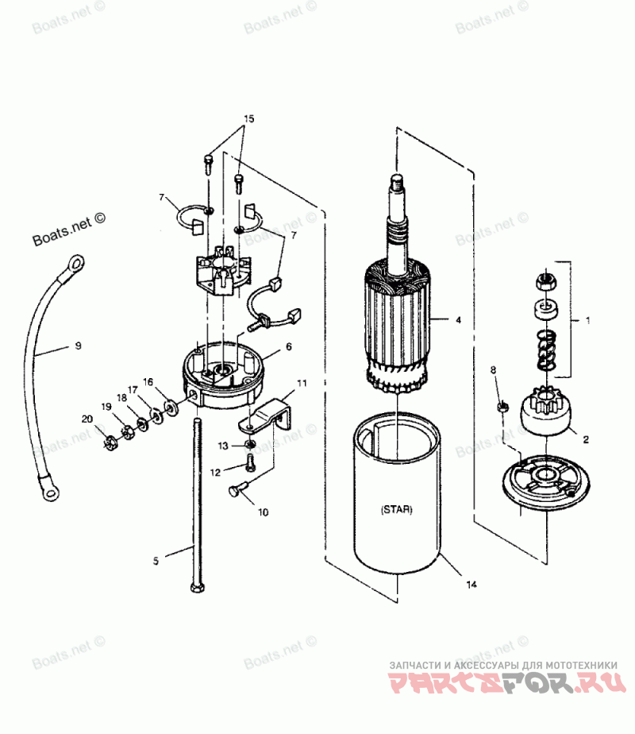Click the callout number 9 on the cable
[78, 346]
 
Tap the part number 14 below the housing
[471, 585]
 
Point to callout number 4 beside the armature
[458, 322]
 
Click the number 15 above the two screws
[248, 118]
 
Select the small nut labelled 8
[501, 407]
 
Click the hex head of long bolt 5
[194, 586]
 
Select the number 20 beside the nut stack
[86, 419]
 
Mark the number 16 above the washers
[148, 381]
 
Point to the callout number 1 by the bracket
[587, 322]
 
